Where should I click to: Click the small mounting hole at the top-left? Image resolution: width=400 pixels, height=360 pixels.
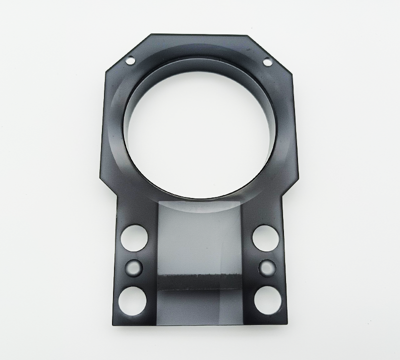point(130,60)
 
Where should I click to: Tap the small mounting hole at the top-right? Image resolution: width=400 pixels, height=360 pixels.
point(267,62)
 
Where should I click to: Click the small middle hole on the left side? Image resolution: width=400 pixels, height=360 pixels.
point(133,267)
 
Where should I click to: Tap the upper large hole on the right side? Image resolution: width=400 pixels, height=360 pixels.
point(264,238)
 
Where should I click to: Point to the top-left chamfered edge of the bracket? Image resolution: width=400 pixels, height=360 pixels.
point(127,52)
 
